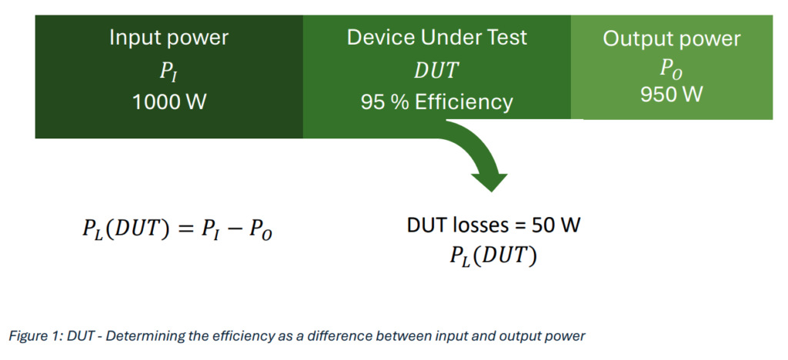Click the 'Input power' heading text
[169, 38]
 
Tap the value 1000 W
[169, 102]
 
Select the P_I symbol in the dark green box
[169, 72]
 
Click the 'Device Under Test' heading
[437, 38]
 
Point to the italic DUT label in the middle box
[436, 71]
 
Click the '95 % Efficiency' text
[437, 102]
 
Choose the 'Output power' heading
[671, 39]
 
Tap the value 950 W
[671, 94]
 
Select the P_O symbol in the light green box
[671, 70]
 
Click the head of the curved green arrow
[489, 182]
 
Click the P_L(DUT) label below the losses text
[493, 257]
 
